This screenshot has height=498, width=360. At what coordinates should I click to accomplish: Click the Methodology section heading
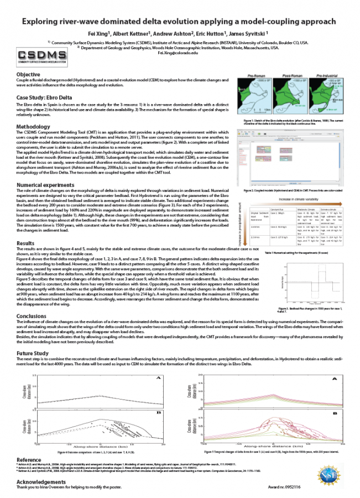coord(34,127)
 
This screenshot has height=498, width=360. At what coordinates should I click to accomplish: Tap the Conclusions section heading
coord(32,317)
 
